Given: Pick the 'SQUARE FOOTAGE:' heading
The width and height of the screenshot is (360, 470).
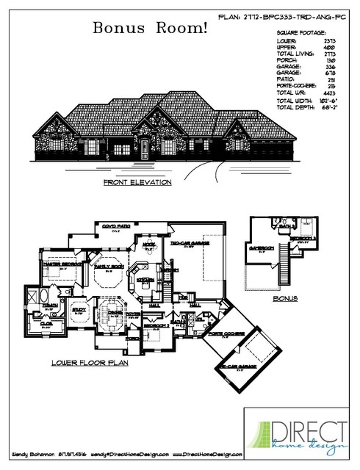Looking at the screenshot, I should coord(300,34).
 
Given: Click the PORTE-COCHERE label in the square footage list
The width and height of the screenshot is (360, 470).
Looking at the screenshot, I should coord(296,87).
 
